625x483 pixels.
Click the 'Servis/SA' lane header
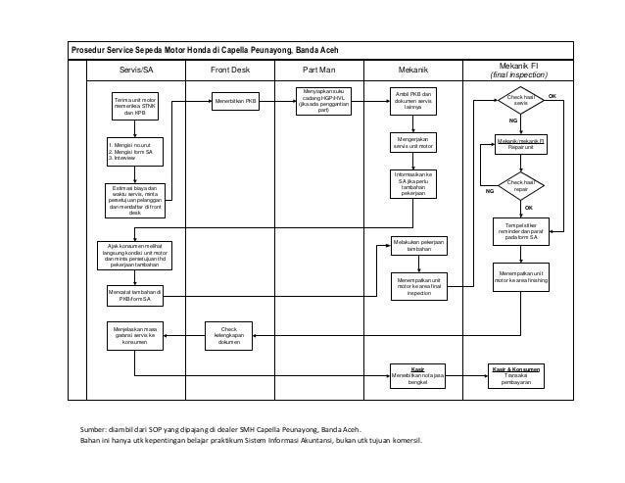click(x=135, y=71)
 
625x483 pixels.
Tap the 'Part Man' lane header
click(x=323, y=71)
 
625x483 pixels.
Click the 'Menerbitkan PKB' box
click(x=237, y=100)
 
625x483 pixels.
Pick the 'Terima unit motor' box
click(x=135, y=105)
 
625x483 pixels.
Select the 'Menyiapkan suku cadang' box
click(x=323, y=101)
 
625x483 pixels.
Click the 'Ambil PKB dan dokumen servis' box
click(x=411, y=101)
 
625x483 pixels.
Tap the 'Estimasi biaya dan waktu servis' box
click(x=135, y=199)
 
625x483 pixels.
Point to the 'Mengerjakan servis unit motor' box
click(x=411, y=144)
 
